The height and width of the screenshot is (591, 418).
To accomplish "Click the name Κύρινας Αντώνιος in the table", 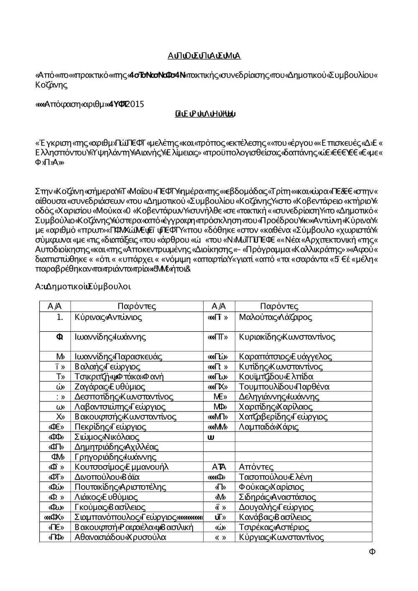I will click(x=108, y=317).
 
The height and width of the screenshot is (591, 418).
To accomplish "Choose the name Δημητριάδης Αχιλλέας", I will click(x=117, y=446).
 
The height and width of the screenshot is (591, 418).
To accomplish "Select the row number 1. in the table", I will click(x=60, y=317).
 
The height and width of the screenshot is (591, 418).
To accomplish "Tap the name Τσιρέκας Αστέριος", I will click(x=274, y=527).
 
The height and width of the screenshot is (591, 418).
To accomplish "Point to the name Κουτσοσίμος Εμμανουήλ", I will click(x=122, y=467).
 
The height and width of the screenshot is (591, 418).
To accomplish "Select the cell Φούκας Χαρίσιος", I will click(x=271, y=487).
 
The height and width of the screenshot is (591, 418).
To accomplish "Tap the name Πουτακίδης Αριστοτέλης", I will click(x=120, y=487).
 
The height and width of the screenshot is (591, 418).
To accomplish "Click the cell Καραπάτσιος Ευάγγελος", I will click(x=285, y=356).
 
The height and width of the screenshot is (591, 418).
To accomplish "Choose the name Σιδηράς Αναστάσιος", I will click(x=277, y=497).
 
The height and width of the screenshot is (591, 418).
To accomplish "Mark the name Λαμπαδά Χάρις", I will click(x=269, y=426).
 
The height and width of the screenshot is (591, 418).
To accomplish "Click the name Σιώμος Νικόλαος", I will click(x=107, y=436).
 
